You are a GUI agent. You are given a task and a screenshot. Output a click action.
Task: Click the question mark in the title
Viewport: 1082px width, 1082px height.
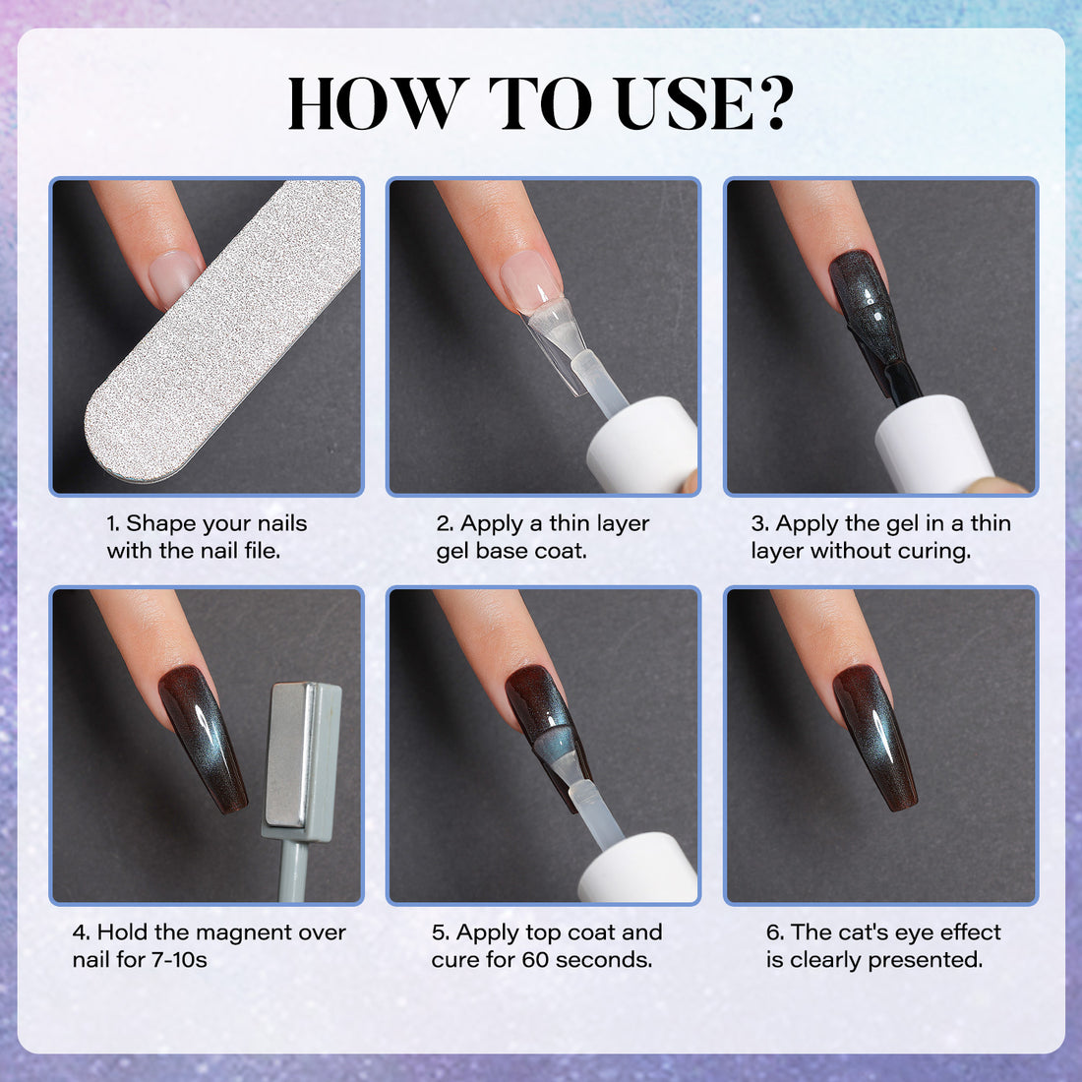774,102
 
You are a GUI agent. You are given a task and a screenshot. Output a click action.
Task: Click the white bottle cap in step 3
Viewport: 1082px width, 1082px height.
935,445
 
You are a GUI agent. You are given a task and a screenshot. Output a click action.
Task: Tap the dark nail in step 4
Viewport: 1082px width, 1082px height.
203,739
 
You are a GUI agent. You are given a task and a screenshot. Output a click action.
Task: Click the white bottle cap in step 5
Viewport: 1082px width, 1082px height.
637,869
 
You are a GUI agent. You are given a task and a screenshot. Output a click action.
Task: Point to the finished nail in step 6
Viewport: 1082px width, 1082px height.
874,739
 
